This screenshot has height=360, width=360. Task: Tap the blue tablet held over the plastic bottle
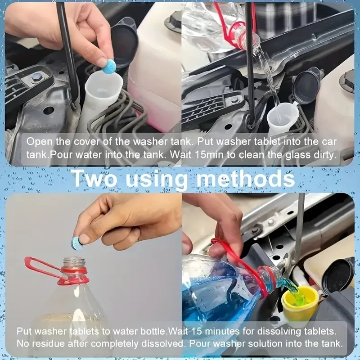[x=78, y=242]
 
